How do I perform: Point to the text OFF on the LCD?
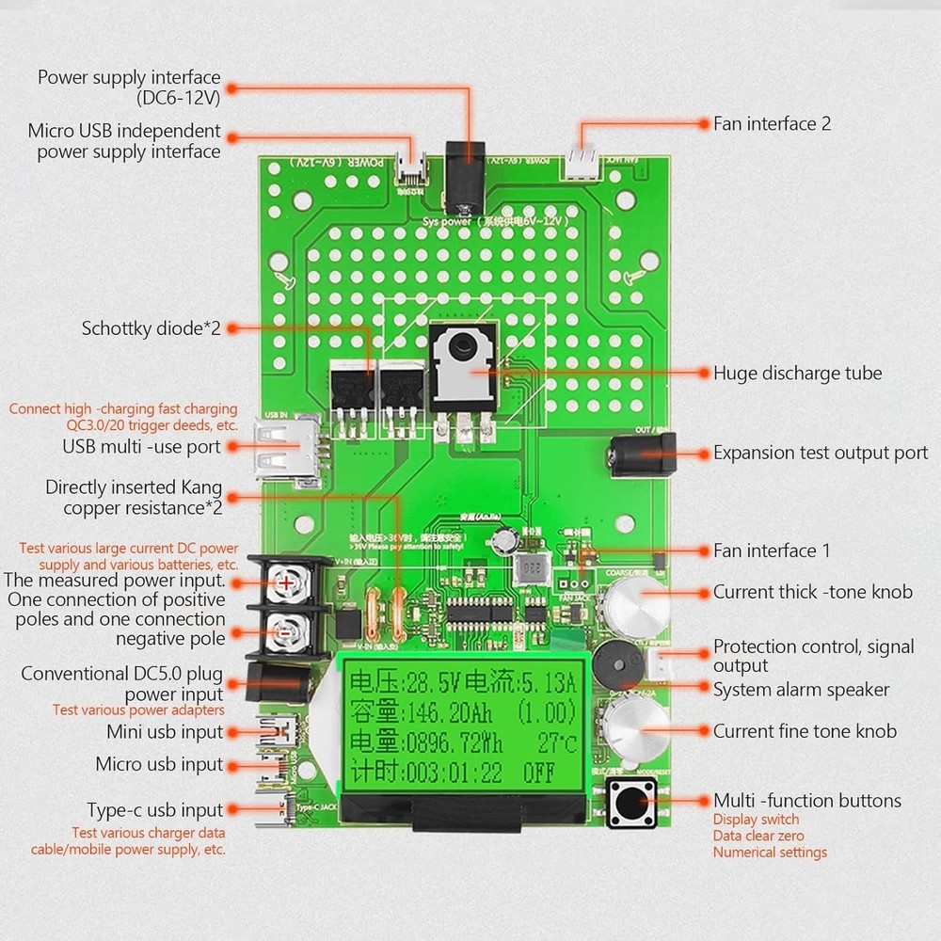click(x=539, y=775)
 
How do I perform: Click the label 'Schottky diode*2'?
click(x=151, y=328)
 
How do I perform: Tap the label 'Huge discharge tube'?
click(x=797, y=373)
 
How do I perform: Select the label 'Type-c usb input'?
click(x=155, y=810)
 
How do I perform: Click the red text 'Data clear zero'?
click(x=758, y=836)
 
